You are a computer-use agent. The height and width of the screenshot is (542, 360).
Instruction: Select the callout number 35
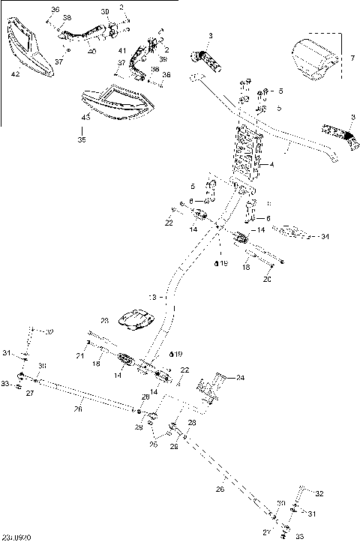point(82,139)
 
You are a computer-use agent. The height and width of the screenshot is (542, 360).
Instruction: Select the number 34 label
point(325,237)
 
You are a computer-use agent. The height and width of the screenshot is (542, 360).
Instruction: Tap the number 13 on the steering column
point(153,298)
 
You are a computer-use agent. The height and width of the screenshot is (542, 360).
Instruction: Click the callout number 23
point(104,320)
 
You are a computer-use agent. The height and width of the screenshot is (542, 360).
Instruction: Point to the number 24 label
point(241,378)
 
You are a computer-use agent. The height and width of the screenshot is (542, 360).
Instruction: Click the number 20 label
point(266,280)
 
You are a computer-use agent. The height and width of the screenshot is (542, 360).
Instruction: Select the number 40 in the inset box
point(91,51)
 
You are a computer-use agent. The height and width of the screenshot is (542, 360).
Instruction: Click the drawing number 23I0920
point(16,537)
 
